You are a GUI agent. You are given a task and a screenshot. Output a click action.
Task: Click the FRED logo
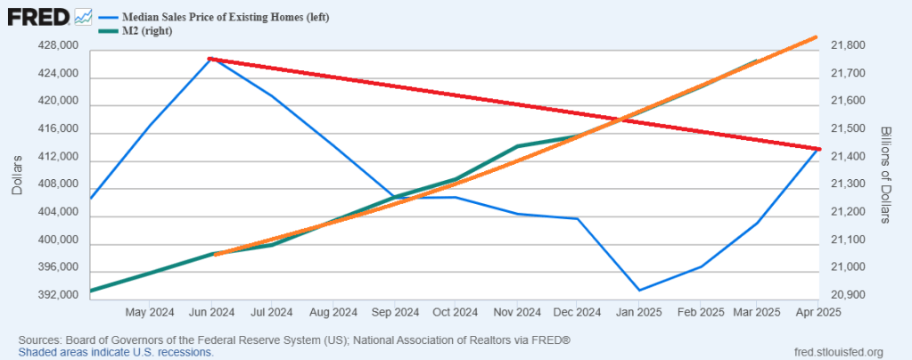[x=37, y=16]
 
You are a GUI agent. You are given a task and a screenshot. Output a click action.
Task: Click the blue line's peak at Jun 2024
[x=210, y=59]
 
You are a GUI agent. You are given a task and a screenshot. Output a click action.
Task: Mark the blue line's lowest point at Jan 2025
[x=638, y=290]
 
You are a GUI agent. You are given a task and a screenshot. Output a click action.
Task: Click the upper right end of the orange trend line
[x=817, y=37]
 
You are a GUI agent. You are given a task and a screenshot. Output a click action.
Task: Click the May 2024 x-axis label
[x=150, y=312]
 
